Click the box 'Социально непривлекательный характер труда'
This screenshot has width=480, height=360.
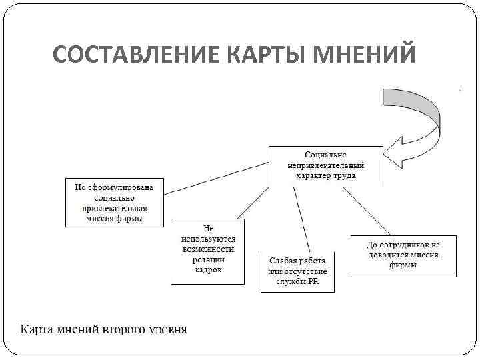pos(325,165)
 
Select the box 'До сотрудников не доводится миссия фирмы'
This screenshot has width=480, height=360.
pos(403,255)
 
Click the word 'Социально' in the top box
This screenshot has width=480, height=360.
pos(325,155)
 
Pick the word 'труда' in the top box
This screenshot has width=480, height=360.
pos(345,175)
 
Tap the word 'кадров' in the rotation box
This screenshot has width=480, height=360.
pos(208,270)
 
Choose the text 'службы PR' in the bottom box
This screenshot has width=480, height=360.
pos(297,281)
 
